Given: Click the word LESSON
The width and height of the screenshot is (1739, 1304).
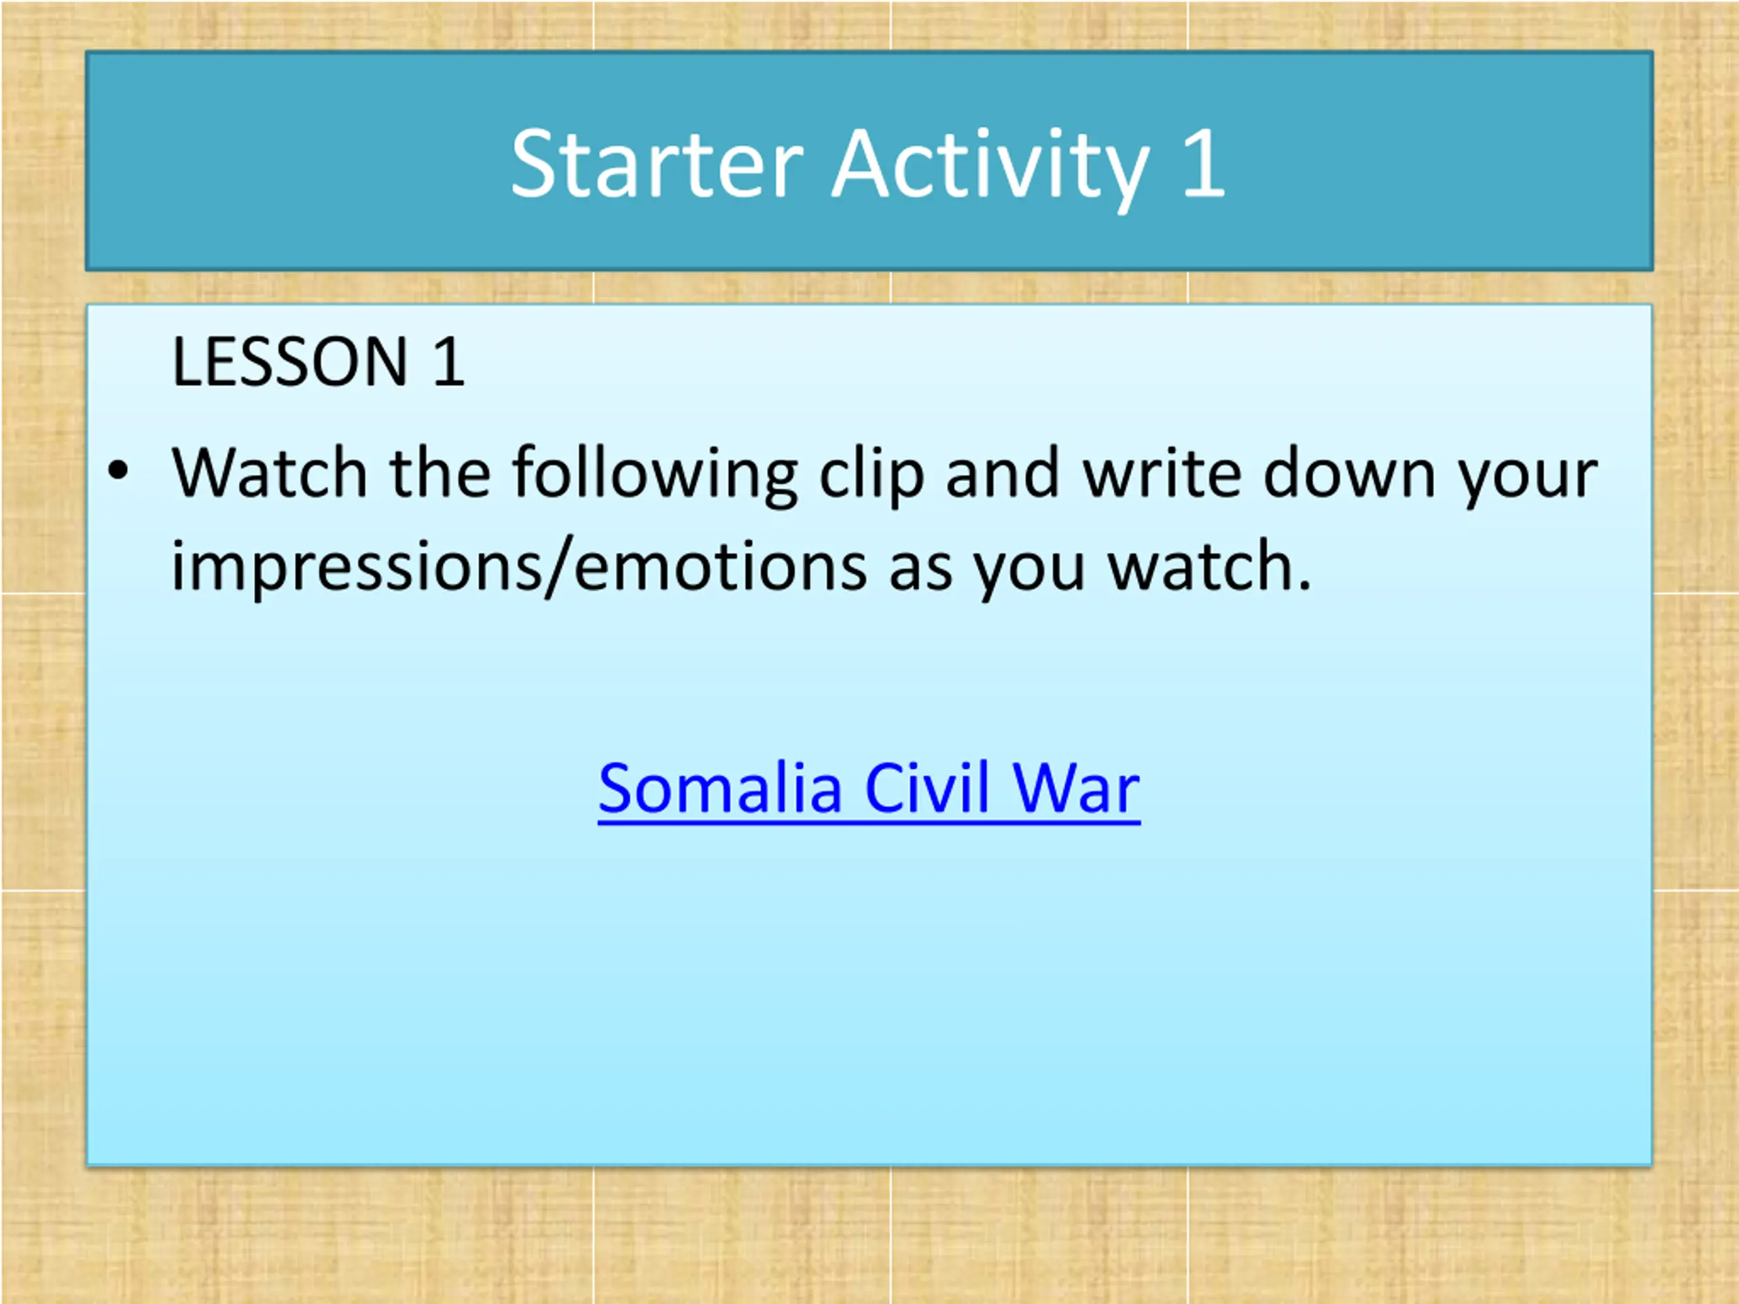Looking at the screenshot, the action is [x=289, y=361].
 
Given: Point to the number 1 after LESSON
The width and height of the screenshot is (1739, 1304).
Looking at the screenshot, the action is [x=449, y=361].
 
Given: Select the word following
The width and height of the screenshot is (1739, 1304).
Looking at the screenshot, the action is [x=656, y=476].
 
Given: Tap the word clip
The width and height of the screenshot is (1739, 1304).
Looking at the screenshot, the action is [x=871, y=476].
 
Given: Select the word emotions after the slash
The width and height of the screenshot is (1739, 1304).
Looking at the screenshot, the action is [x=721, y=566].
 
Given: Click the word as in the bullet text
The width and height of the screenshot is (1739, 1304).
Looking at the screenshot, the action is [x=920, y=570].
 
